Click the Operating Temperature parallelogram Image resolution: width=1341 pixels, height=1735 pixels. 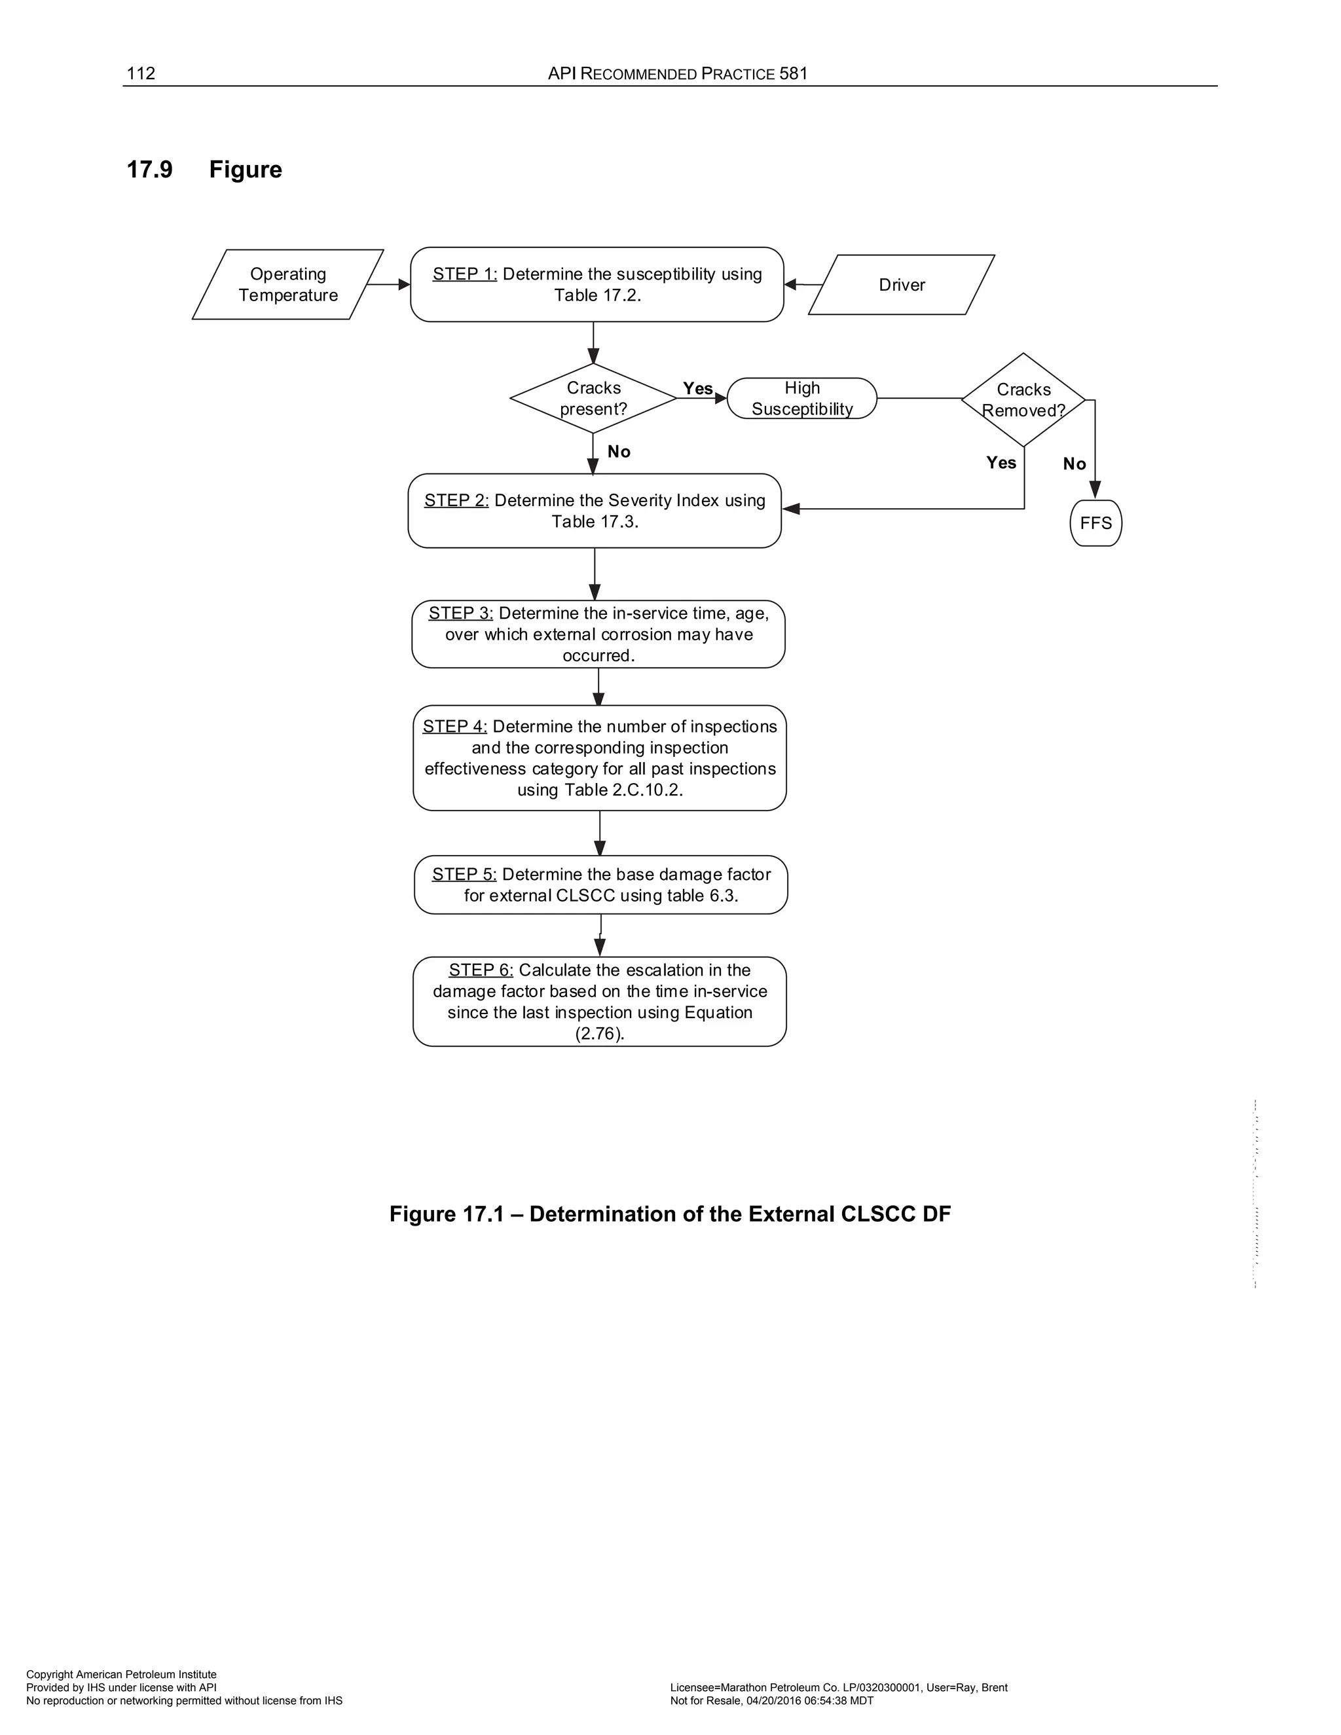287,284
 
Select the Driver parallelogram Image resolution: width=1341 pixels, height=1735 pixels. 902,284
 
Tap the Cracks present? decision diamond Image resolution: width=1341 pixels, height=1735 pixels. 593,398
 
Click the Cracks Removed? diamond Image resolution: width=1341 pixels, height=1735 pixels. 1023,399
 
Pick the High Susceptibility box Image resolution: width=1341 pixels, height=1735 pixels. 801,398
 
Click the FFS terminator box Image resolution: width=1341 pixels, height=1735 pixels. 1095,522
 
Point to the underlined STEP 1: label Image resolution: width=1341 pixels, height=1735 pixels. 465,274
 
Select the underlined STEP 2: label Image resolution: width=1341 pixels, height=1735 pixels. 456,500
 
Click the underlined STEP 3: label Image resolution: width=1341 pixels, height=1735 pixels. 461,613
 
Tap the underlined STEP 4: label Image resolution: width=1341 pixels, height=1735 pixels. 454,726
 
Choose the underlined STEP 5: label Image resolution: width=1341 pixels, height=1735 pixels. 464,874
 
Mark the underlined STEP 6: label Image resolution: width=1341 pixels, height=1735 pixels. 481,970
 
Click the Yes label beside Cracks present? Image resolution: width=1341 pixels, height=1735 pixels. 697,388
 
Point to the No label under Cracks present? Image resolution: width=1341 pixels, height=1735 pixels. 619,451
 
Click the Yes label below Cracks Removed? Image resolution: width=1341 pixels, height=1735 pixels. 1001,462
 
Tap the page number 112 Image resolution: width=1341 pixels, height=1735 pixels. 141,74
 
